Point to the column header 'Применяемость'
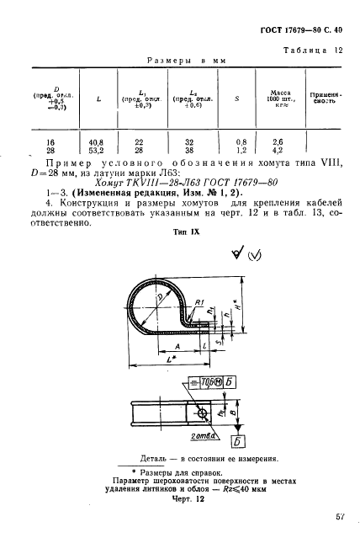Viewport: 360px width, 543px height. pos(324,96)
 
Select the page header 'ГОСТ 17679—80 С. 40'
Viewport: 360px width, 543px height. pos(299,28)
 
